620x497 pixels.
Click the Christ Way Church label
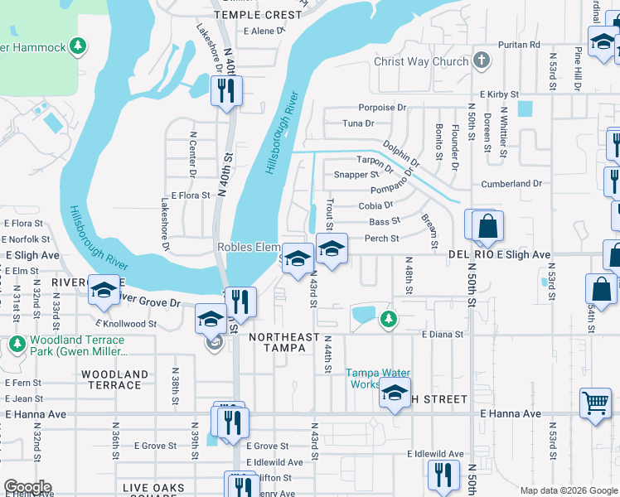point(421,61)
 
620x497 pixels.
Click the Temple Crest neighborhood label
point(258,15)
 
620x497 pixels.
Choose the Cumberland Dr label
point(511,183)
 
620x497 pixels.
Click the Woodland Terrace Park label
point(77,346)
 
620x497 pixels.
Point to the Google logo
point(28,487)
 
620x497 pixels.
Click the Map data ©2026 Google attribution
point(568,490)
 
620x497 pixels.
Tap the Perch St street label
point(383,239)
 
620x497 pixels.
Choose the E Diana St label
point(441,335)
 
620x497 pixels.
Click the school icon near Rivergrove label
point(104,291)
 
